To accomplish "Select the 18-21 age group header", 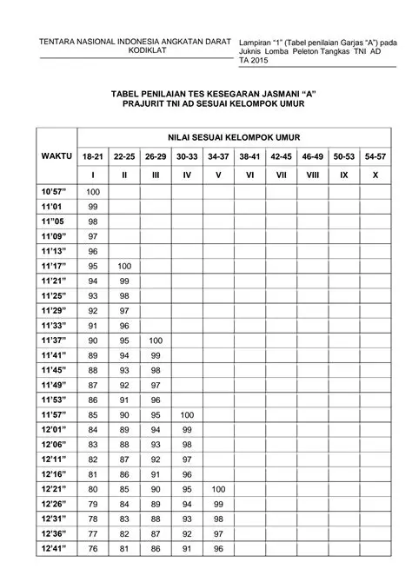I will point(92,157).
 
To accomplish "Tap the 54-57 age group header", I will point(375,157).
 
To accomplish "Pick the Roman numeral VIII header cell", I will point(312,175).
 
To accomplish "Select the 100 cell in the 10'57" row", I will point(93,191).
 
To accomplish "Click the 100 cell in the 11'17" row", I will point(124,266).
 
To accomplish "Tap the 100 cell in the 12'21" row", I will point(218,489).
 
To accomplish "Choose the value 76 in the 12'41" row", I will point(93,549).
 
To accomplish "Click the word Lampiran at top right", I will point(256,40).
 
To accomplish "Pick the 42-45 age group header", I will point(281,157).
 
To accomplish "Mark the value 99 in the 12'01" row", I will point(187,430).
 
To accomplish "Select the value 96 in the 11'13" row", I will point(93,251).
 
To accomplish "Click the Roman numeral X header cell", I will point(375,175).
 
